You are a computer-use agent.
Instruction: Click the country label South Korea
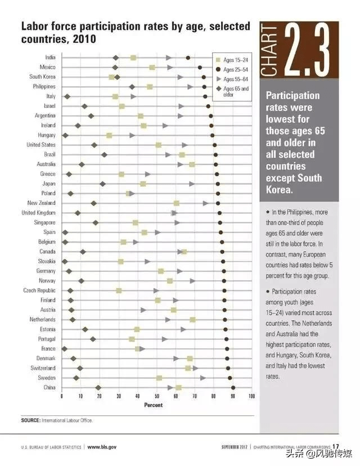pos(42,77)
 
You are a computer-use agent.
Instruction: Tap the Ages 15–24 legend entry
pos(232,60)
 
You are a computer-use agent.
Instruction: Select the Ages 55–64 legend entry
pos(232,79)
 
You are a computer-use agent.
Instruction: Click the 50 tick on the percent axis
pos(157,396)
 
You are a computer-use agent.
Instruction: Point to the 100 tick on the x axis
pos(251,396)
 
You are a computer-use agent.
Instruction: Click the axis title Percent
pos(153,405)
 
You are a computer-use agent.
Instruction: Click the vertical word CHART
pos(269,50)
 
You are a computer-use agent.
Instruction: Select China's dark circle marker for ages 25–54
pos(233,388)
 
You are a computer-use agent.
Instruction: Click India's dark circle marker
pos(188,57)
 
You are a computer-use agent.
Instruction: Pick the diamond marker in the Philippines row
pos(132,87)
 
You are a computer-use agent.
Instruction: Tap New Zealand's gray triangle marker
pos(205,203)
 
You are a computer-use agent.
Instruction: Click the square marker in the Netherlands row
pos(192,320)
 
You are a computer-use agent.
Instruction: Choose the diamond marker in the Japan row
pos(102,184)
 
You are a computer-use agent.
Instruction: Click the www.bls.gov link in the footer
pos(102,447)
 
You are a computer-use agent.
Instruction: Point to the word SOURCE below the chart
pos(30,420)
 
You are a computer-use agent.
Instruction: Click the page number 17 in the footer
pos(336,446)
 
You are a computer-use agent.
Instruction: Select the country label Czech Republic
pos(39,290)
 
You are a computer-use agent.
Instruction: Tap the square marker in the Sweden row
pos(159,378)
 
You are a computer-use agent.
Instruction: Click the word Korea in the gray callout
pos(279,190)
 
